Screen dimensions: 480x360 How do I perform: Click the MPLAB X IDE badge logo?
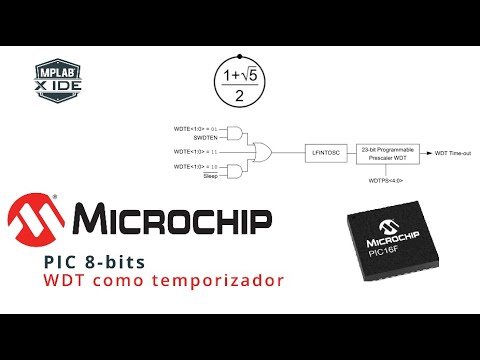56,79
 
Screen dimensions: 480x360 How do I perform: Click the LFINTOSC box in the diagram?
326,152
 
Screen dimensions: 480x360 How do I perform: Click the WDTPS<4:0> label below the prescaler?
389,182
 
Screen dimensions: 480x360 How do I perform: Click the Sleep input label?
210,175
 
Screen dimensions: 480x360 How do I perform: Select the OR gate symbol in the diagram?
265,152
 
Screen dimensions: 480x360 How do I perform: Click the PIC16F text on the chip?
393,253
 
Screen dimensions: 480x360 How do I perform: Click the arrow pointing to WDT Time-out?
425,152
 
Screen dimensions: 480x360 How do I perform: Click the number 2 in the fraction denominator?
239,97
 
